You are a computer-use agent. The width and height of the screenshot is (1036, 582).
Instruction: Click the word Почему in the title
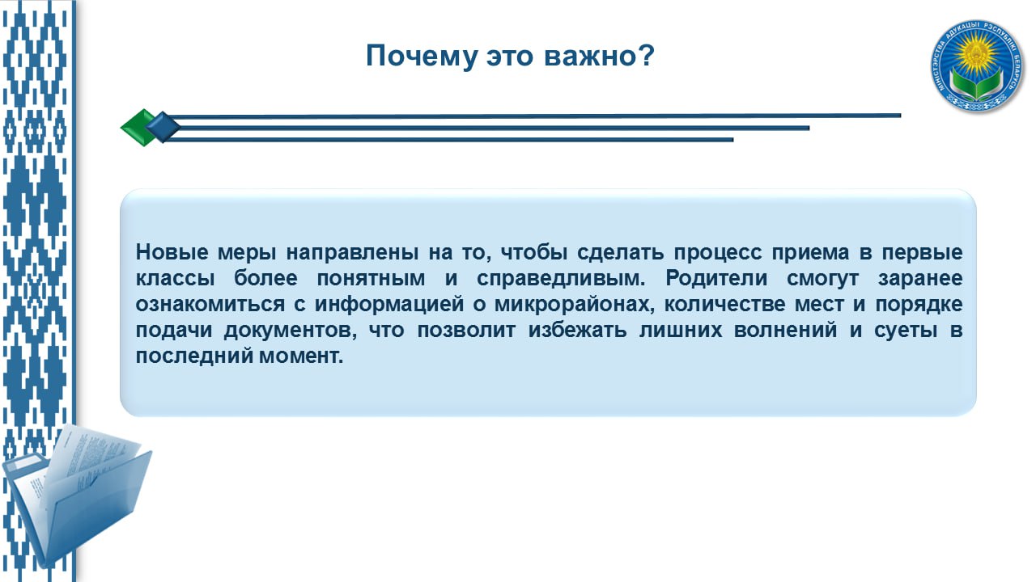coord(422,57)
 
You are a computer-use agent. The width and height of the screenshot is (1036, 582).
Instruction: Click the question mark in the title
coord(645,55)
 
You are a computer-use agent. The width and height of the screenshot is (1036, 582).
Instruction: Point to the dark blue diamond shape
coord(163,127)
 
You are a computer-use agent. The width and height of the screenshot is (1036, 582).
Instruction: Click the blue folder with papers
coord(76,496)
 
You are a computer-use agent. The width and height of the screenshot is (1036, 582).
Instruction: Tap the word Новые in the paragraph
coord(172,252)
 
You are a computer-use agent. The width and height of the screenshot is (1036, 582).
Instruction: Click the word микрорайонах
coord(575,305)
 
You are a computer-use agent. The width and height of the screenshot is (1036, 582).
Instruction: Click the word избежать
coord(577,331)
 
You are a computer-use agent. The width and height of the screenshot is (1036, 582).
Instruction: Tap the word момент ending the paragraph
coord(301,356)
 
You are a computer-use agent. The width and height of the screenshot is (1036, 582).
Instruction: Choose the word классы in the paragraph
coord(176,279)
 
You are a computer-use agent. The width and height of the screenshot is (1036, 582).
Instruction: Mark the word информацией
coord(389,305)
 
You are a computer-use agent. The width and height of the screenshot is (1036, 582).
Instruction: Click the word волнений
coord(785,331)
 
